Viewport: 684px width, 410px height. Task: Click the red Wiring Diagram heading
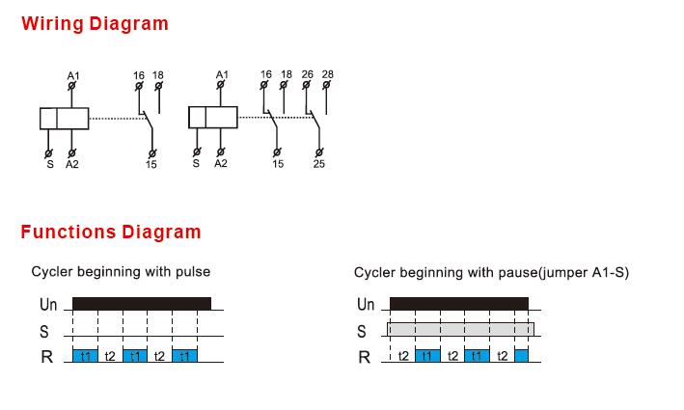tap(95, 24)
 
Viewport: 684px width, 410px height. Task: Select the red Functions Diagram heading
tap(111, 232)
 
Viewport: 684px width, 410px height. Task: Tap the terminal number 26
tap(307, 74)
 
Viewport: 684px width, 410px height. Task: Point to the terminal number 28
tap(328, 74)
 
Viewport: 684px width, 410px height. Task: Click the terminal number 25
tap(319, 164)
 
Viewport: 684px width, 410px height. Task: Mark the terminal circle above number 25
tap(319, 152)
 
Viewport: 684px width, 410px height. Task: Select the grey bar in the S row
tap(460, 329)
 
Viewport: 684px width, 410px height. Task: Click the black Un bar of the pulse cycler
tap(142, 304)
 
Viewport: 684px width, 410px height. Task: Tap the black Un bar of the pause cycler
tap(459, 304)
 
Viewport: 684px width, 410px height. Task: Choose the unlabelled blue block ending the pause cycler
tap(521, 355)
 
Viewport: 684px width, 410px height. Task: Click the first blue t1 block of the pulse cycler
tap(85, 355)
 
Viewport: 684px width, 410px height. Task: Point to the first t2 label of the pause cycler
tap(403, 356)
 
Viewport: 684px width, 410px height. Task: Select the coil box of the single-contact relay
tap(64, 119)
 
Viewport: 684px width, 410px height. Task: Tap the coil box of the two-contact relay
tap(213, 118)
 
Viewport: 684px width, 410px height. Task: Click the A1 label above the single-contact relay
tap(73, 76)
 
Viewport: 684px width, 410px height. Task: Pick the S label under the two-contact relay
tap(196, 164)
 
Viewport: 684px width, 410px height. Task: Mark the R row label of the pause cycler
tap(365, 357)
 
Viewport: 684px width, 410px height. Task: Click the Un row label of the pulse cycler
tap(48, 304)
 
